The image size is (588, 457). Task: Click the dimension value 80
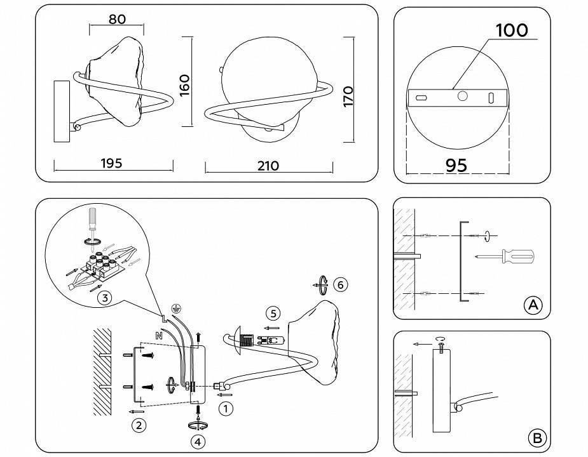coord(117,19)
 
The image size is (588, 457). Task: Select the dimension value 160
coord(184,85)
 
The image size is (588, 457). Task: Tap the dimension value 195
coord(111,163)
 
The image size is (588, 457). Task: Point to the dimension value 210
coord(268,166)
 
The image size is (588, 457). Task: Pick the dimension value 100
coord(511,30)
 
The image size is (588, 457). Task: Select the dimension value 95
coord(456,165)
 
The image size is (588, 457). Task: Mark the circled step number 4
coord(200,440)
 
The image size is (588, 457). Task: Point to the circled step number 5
coord(273,313)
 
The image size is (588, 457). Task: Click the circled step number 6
coord(341,284)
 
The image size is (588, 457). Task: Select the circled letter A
coord(533,305)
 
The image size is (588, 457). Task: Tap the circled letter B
coord(537,437)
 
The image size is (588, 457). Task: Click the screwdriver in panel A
coord(507,257)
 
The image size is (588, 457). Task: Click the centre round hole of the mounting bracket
coord(462,96)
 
